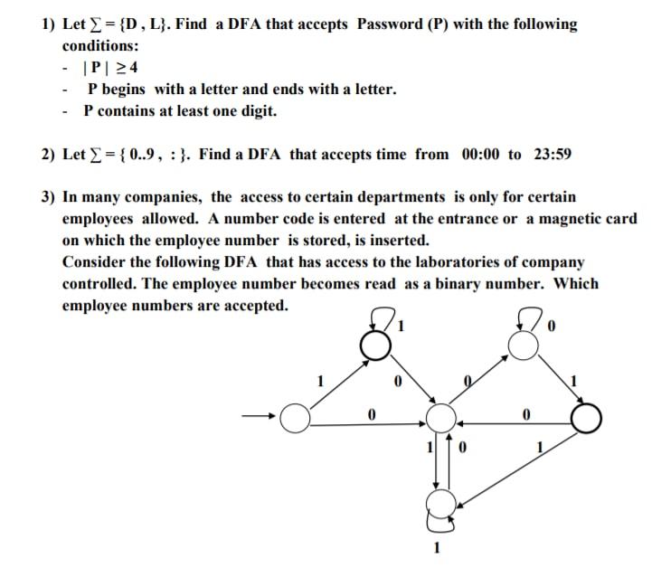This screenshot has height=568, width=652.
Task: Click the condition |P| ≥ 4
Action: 110,68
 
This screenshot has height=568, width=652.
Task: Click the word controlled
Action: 99,284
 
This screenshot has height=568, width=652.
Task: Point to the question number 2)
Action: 50,154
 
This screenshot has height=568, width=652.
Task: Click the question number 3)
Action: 50,197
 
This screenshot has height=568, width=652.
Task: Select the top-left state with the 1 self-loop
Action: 378,344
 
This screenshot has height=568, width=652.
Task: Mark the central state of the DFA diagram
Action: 441,418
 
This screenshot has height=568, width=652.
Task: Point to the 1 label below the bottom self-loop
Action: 438,546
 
